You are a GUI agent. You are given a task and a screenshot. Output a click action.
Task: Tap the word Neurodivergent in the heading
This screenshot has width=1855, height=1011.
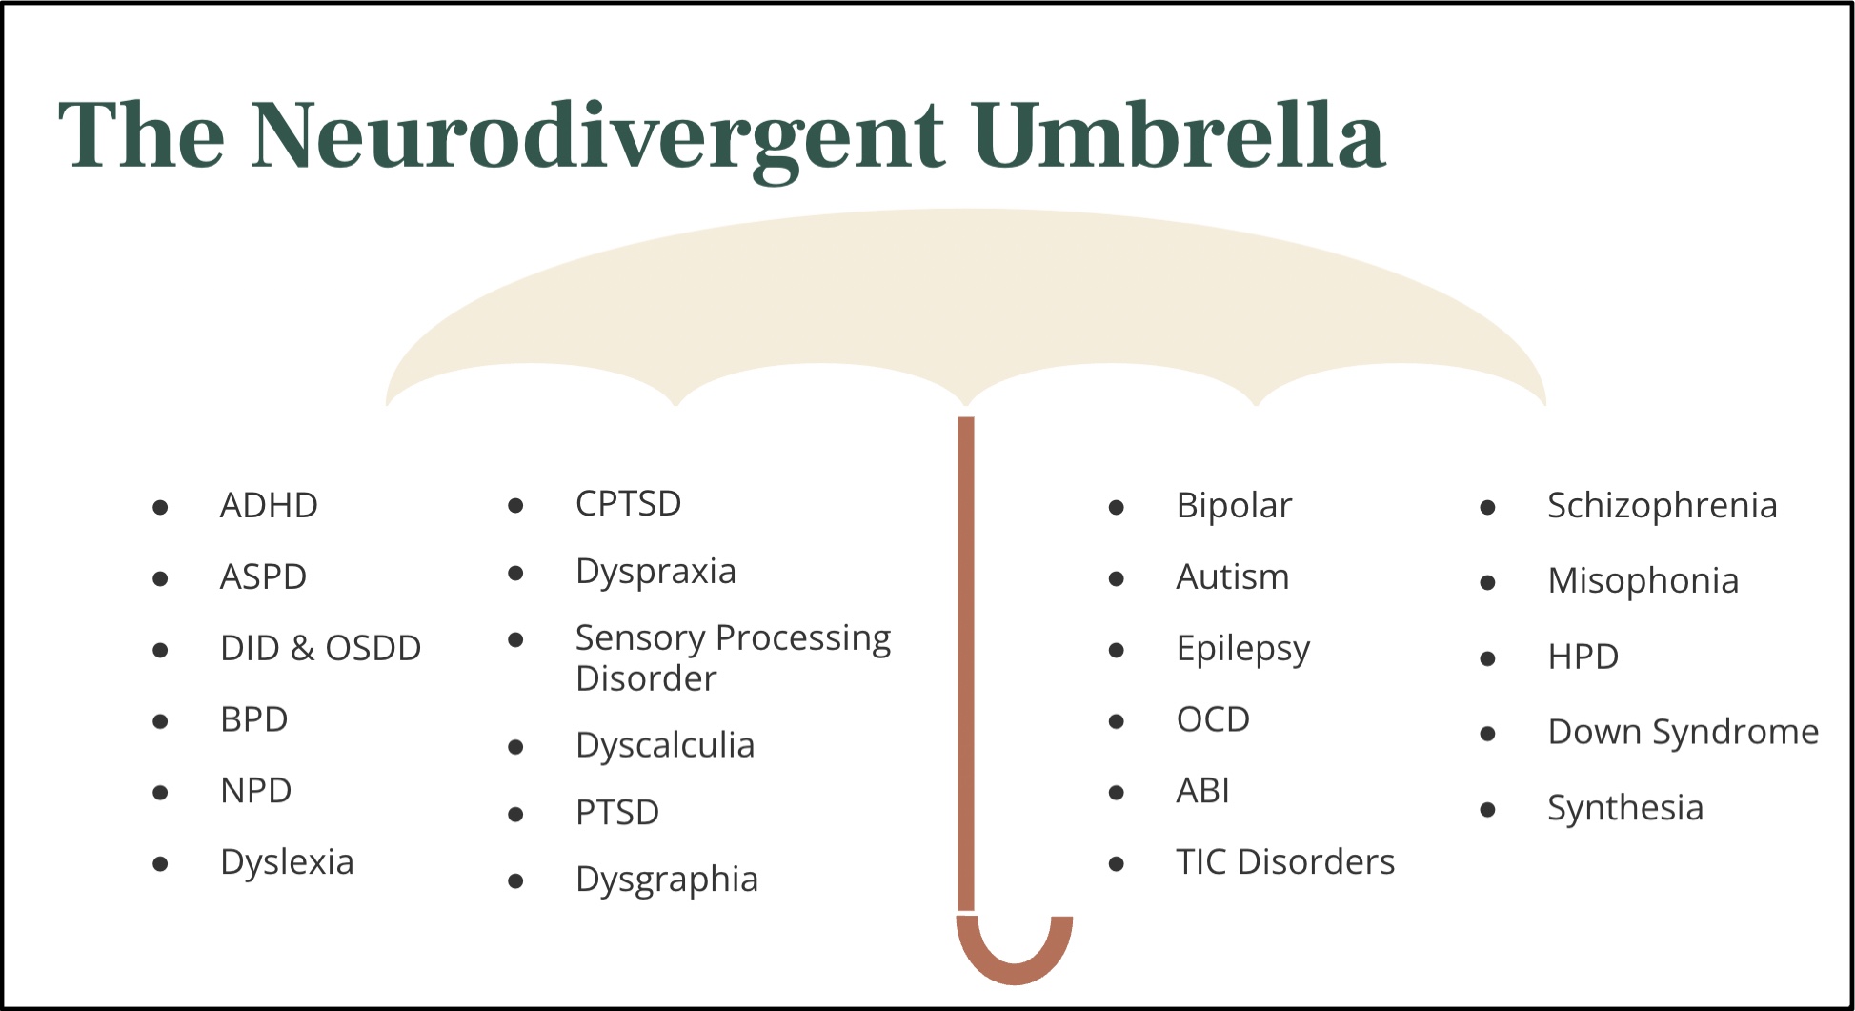(597, 136)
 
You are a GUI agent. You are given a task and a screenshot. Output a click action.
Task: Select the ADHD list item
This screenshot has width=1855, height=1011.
(269, 506)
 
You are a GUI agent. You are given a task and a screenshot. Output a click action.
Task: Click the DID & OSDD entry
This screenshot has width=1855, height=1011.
(320, 649)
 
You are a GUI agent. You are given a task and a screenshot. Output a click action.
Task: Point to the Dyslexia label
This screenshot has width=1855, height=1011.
(287, 862)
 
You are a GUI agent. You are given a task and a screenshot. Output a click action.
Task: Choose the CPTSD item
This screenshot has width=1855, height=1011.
(628, 504)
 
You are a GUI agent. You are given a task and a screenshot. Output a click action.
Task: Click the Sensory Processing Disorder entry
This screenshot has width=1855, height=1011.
(732, 657)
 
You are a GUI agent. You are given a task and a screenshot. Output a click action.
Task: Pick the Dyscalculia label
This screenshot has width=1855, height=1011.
(665, 745)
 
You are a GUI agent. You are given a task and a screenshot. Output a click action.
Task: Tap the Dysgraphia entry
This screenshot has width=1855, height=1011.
(667, 880)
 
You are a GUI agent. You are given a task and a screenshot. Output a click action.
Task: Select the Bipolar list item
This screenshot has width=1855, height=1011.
(1234, 506)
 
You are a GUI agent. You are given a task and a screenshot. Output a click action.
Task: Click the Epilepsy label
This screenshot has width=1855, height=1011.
(1242, 649)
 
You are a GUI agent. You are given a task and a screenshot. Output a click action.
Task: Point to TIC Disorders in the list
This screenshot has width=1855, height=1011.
(1285, 862)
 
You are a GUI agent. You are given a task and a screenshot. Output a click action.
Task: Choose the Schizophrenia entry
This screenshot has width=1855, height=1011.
(1662, 506)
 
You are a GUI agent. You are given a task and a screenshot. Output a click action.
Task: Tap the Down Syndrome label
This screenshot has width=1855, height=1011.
(1683, 733)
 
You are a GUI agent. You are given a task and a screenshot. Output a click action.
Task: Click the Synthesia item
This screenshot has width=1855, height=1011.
(1624, 808)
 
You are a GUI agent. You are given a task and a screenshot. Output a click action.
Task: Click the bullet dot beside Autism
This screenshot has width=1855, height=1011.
(1117, 578)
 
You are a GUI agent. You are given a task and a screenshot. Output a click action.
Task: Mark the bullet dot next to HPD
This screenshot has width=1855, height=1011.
(1487, 658)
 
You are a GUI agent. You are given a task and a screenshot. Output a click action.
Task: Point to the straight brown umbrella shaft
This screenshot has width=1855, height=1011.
(966, 667)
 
